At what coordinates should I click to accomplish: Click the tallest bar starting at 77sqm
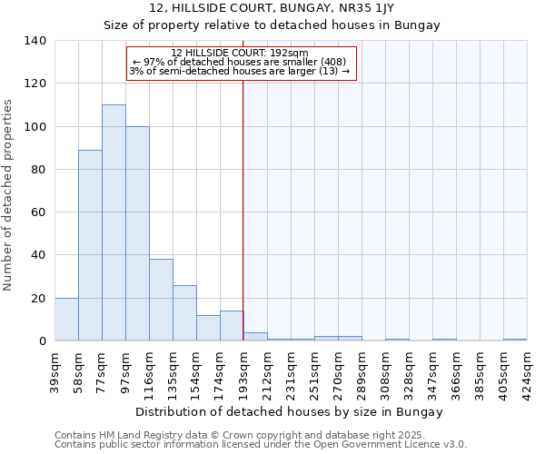[114, 222]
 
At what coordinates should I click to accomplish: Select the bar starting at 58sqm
[90, 245]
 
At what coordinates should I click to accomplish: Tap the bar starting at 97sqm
[137, 233]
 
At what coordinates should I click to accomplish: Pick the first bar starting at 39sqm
[66, 320]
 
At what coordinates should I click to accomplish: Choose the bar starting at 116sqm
[161, 300]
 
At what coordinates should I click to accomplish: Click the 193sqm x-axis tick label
[243, 372]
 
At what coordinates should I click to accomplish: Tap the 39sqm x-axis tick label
[55, 372]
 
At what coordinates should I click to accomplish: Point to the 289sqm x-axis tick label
[362, 372]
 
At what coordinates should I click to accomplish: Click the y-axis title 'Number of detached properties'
[9, 191]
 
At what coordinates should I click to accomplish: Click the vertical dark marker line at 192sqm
[243, 209]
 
